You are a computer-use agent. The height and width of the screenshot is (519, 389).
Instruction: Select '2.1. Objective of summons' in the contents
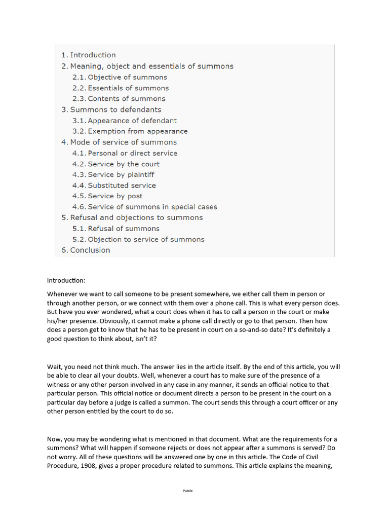(120, 77)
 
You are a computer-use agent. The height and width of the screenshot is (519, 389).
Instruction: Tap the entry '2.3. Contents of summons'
(119, 99)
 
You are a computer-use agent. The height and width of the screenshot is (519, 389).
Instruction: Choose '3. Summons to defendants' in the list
(111, 109)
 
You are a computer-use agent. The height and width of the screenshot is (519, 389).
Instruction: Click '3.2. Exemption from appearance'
(130, 131)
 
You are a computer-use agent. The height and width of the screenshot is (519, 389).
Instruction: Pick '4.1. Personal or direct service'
(125, 153)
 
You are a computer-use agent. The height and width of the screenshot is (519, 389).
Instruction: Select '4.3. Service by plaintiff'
(113, 174)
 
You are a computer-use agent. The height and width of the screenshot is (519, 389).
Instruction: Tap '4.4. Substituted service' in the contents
(114, 186)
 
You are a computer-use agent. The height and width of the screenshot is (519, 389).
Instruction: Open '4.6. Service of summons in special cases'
(144, 207)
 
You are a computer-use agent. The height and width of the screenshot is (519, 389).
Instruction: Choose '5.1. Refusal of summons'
(115, 229)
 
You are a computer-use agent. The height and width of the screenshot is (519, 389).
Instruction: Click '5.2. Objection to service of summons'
(138, 239)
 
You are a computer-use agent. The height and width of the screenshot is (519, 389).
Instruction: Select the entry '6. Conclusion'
(86, 250)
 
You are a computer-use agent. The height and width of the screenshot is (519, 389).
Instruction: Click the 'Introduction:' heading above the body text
(66, 280)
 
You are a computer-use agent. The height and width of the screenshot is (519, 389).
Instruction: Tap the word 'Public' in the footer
(188, 491)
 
